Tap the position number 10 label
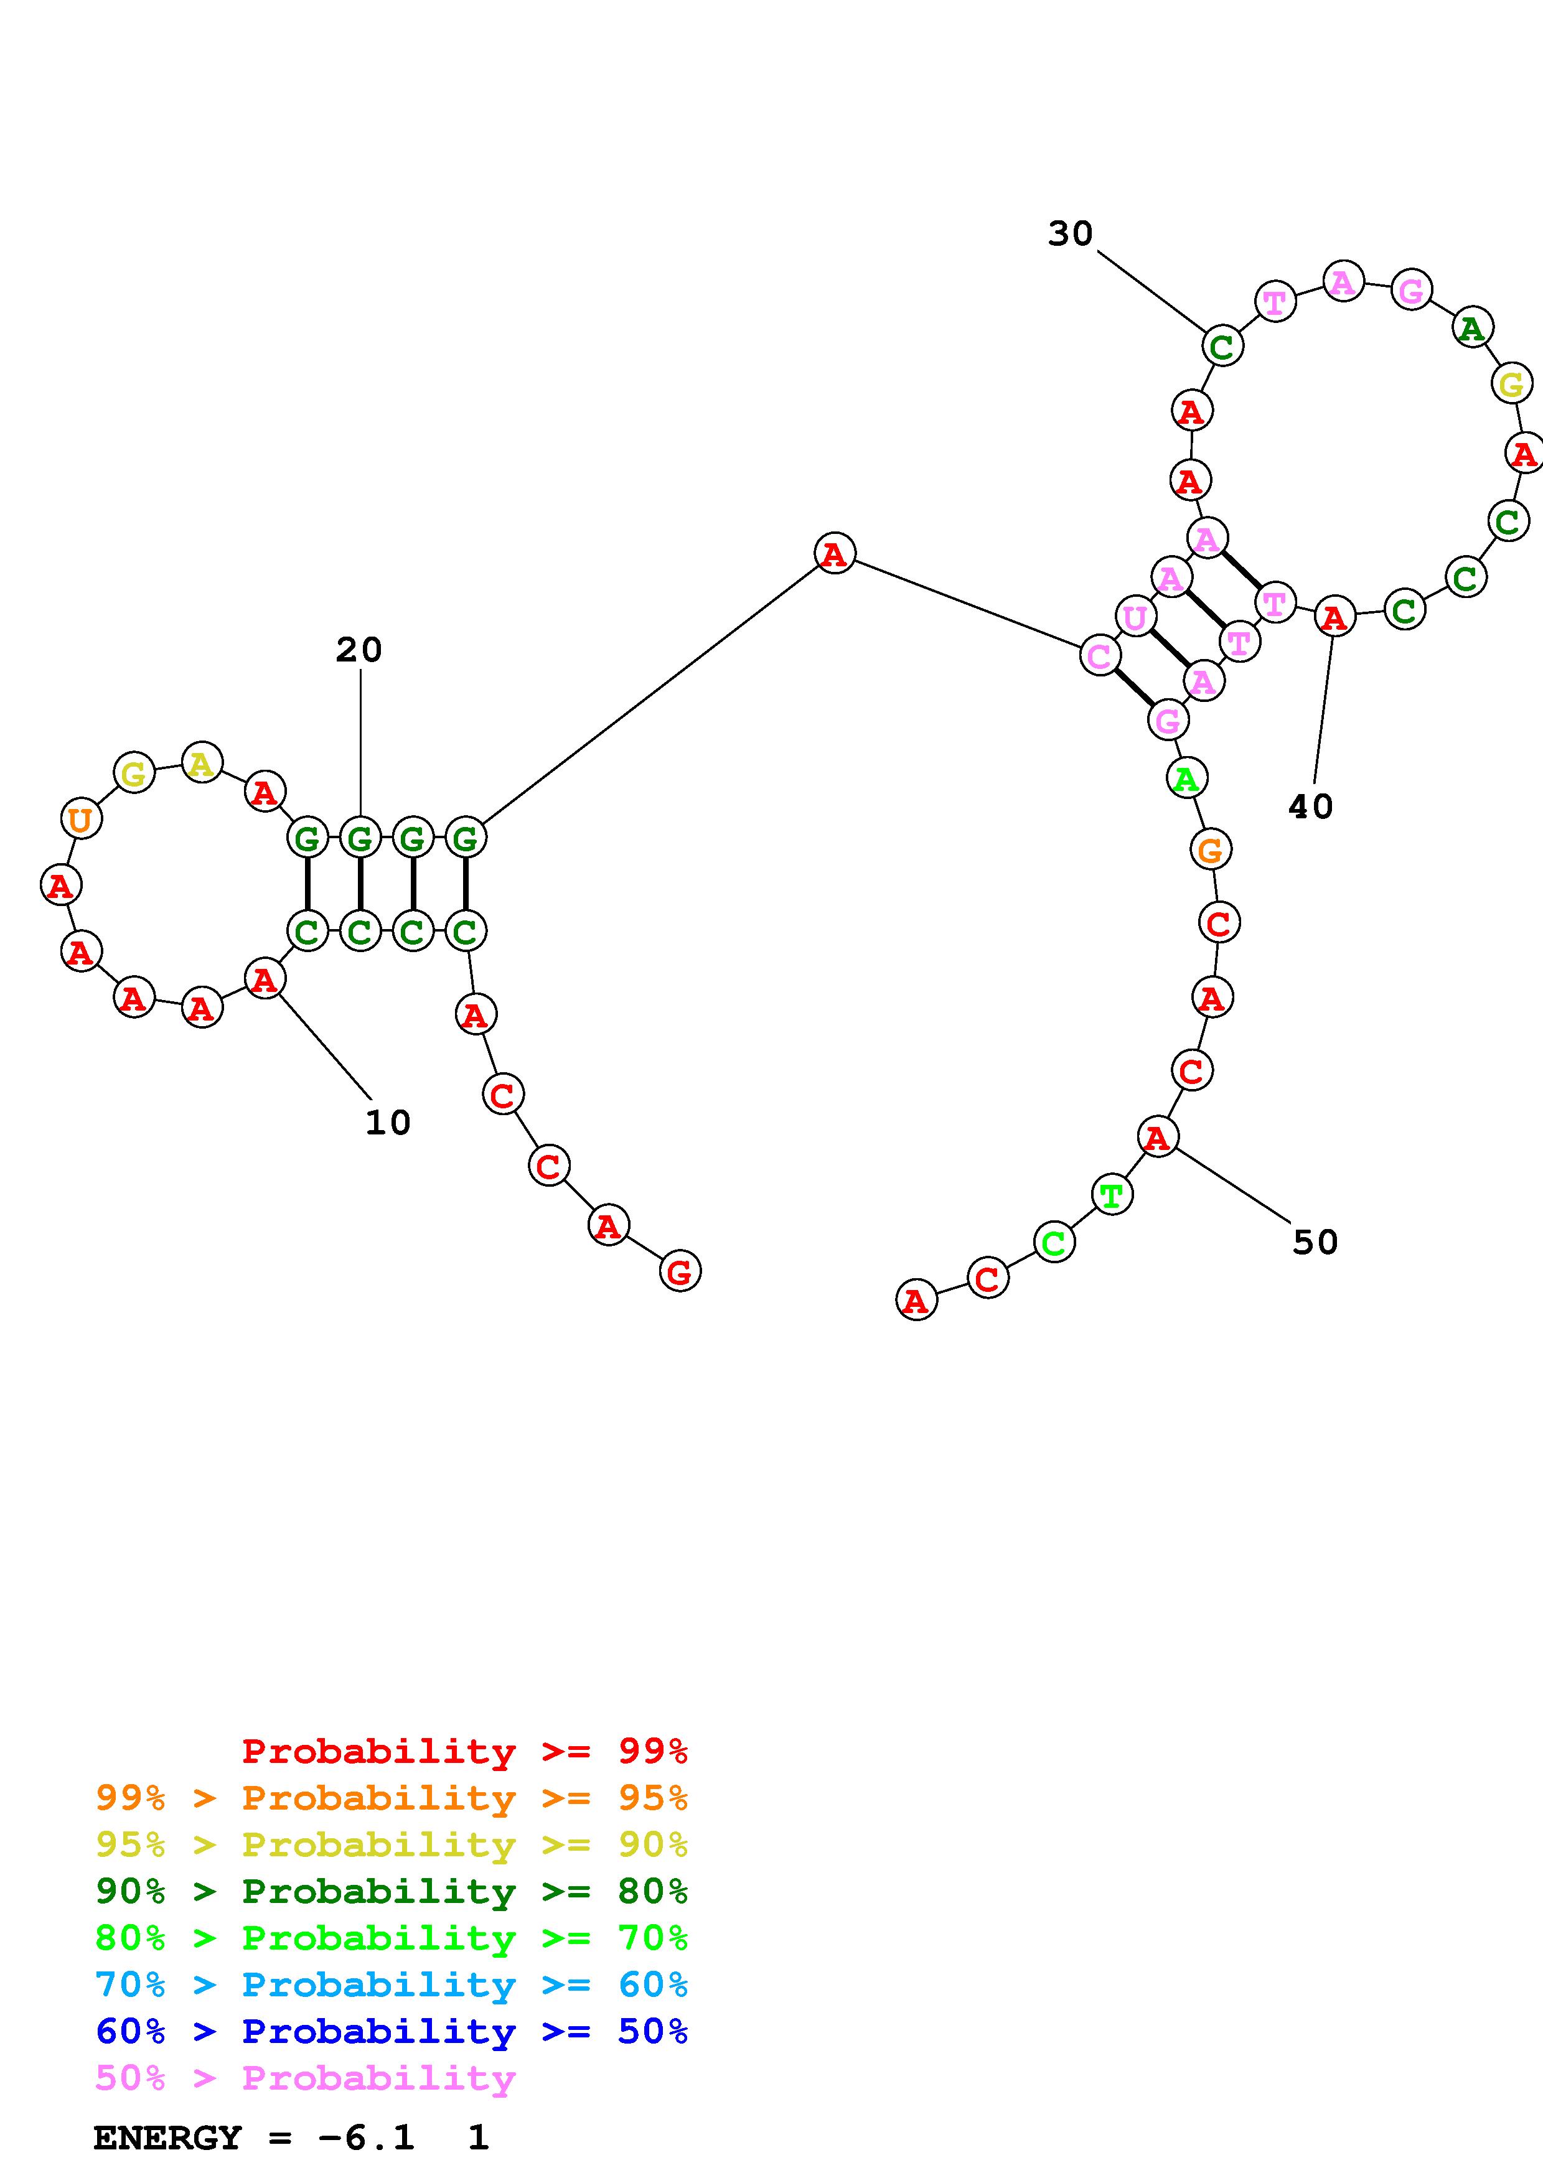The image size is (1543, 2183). click(388, 1123)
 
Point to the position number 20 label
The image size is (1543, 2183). click(359, 650)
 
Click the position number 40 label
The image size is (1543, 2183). click(1310, 807)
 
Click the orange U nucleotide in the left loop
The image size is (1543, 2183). click(81, 819)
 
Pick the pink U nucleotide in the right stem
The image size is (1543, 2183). click(1134, 618)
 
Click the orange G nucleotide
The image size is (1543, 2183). click(1210, 850)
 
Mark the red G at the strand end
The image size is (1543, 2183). click(679, 1272)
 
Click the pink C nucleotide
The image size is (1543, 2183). click(1100, 656)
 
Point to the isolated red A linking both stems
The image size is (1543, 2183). click(835, 553)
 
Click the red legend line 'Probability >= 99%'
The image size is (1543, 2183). click(464, 1751)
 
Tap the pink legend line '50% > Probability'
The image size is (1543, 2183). click(304, 2078)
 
